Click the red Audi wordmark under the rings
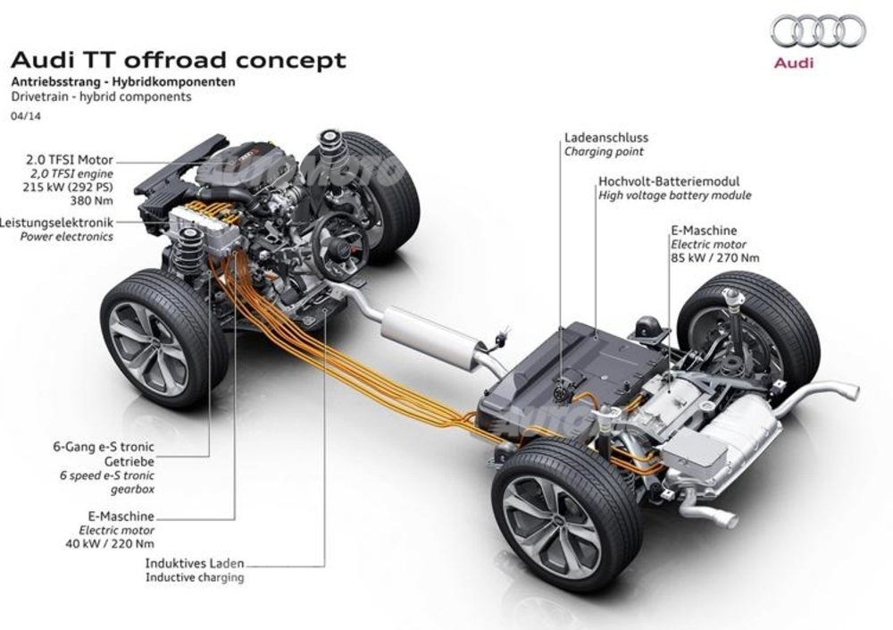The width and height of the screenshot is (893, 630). click(x=793, y=63)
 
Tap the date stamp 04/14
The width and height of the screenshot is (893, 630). click(x=26, y=116)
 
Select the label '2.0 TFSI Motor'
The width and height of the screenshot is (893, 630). click(x=70, y=160)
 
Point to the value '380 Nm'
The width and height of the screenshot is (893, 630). click(x=92, y=201)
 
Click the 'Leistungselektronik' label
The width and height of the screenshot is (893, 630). click(x=56, y=223)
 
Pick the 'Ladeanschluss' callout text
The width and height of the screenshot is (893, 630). click(x=606, y=138)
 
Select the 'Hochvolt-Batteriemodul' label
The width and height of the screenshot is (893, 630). click(x=669, y=181)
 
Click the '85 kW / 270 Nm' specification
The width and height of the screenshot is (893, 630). click(x=715, y=257)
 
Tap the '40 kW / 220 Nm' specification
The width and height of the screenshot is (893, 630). click(x=110, y=544)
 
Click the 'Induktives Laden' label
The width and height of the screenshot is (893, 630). click(x=195, y=564)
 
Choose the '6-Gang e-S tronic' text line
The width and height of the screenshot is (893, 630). click(x=104, y=447)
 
